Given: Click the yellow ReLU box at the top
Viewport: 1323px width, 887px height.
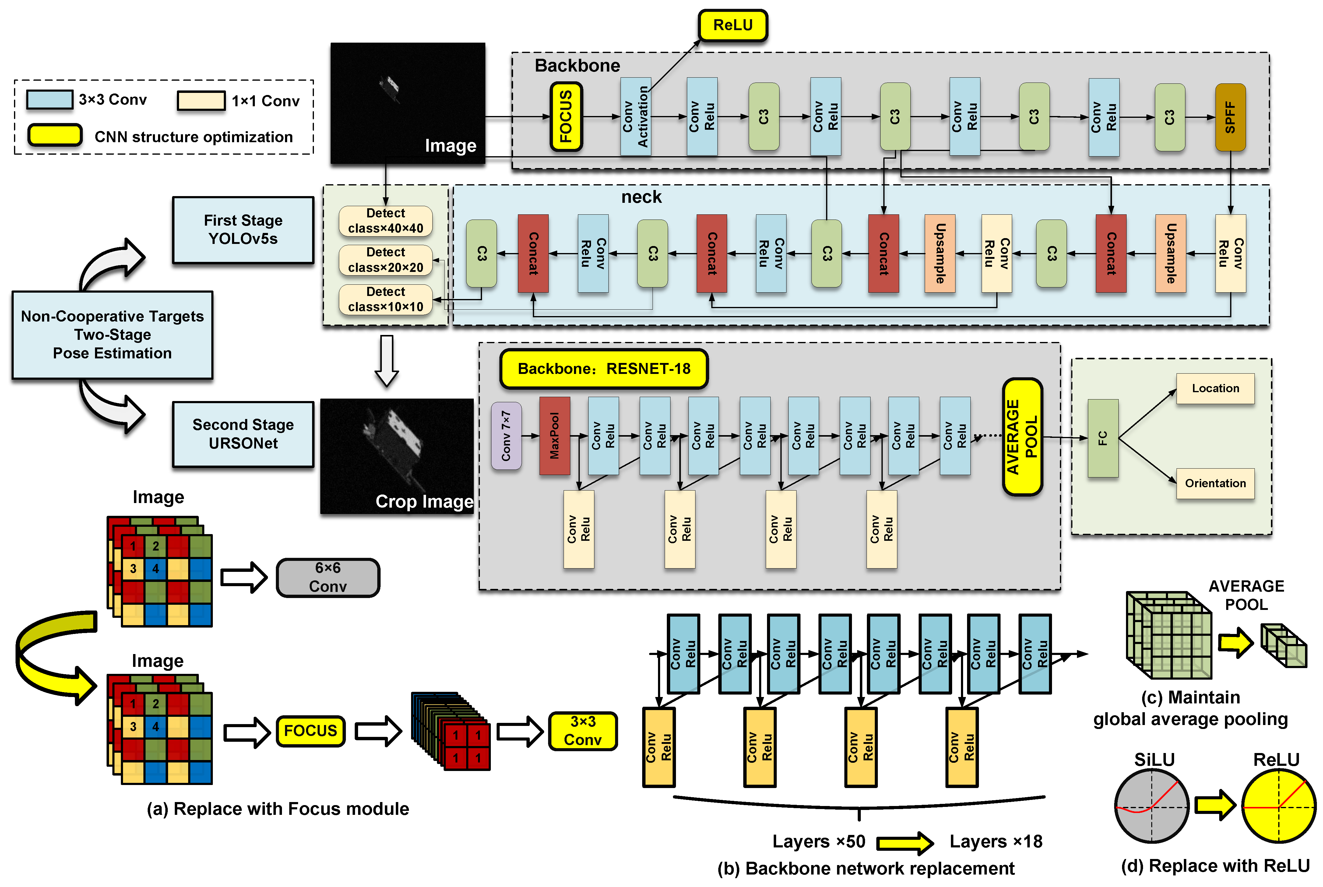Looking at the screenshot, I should coord(733,26).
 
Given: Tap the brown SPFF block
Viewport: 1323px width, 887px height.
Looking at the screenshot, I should coord(1230,117).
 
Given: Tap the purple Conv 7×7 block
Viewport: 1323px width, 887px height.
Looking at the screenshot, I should coord(506,435).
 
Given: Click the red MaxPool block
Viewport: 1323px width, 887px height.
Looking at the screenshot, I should coord(554,435).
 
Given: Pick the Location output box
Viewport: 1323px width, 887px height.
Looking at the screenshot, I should coord(1215,389).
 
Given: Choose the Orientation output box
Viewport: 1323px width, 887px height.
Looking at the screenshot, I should coord(1215,483).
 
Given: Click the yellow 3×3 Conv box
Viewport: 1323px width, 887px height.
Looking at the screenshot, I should coord(582,731).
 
